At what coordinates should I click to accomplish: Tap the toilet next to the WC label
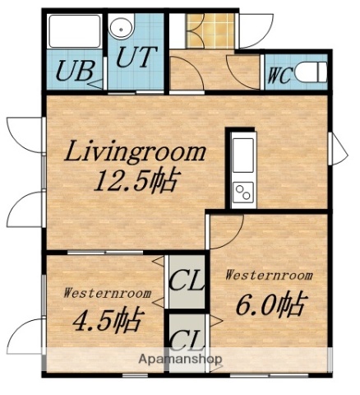[x=313, y=72]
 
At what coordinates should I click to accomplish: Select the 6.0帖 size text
[x=270, y=305]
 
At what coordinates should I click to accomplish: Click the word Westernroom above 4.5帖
[x=108, y=292]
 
